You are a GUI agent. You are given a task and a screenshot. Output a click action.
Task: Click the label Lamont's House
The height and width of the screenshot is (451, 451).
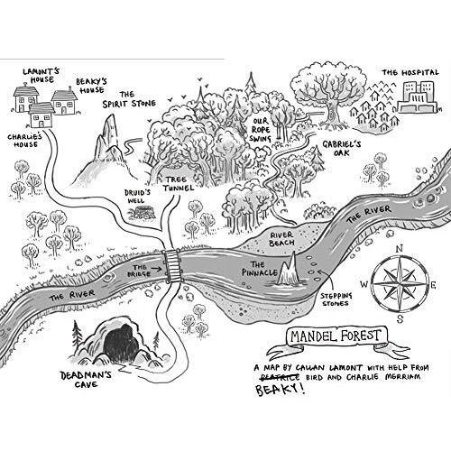(41, 76)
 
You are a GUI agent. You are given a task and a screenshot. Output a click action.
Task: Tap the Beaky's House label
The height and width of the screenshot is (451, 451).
(91, 86)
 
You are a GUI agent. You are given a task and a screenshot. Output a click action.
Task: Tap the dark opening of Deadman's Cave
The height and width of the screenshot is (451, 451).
(121, 343)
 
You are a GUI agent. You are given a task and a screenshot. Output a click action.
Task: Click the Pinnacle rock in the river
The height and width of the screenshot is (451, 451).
(288, 270)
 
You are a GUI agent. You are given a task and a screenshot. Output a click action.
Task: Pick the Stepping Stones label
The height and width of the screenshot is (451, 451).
(336, 299)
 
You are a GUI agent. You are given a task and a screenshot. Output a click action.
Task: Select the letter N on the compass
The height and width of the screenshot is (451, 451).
(399, 249)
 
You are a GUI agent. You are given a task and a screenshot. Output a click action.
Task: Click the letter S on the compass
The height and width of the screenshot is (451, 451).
(400, 318)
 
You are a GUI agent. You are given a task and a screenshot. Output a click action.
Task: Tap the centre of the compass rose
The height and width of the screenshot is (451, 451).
(400, 284)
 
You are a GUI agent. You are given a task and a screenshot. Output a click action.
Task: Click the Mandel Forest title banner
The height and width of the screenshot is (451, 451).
(336, 336)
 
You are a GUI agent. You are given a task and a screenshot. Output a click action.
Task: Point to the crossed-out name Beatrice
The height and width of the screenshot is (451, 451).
(281, 377)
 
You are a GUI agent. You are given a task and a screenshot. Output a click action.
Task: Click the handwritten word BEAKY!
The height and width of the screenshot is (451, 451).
(280, 389)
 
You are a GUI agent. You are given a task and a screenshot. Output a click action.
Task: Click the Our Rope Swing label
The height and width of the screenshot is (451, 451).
(261, 130)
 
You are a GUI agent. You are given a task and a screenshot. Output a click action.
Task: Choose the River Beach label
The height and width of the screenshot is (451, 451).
(281, 239)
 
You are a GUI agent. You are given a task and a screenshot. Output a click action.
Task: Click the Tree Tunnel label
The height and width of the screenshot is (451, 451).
(178, 184)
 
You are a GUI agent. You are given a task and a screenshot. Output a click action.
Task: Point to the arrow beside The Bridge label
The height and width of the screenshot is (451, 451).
(156, 268)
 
